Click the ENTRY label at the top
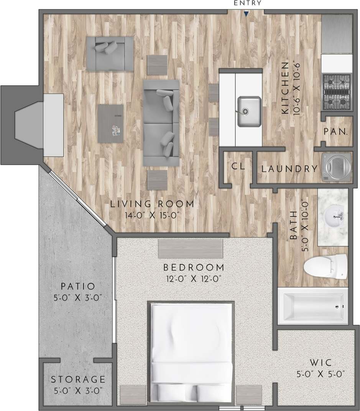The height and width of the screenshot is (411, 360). tap(247, 3)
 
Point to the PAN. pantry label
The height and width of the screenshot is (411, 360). tap(336, 132)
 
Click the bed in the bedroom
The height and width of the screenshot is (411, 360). tap(191, 353)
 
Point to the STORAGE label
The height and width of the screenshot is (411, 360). tap(78, 380)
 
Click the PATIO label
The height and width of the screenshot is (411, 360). tap(78, 286)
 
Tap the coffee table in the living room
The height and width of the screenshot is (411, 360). tap(110, 124)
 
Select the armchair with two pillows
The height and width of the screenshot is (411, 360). tap(110, 54)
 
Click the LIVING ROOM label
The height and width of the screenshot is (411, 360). tap(152, 204)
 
